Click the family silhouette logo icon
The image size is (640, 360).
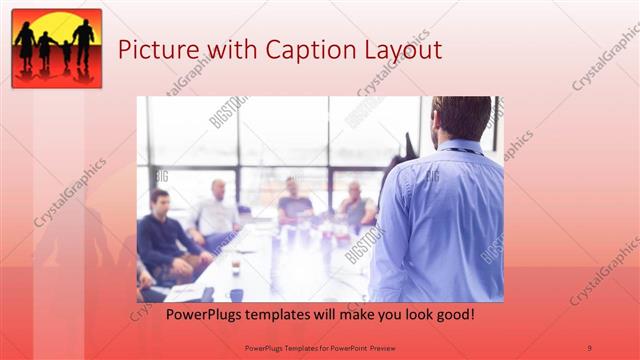(x=57, y=48)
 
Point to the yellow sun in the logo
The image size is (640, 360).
(x=57, y=27)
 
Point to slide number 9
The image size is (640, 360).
(x=589, y=347)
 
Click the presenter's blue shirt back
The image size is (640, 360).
(x=440, y=220)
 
